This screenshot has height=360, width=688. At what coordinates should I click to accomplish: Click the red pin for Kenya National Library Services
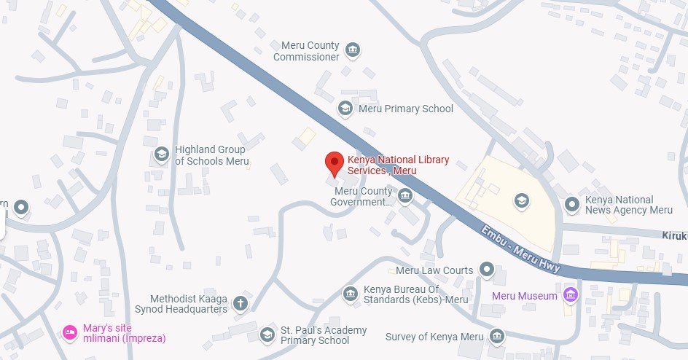click(x=334, y=163)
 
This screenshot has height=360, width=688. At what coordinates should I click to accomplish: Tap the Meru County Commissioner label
click(x=306, y=51)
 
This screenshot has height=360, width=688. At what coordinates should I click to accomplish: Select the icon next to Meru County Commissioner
click(x=353, y=50)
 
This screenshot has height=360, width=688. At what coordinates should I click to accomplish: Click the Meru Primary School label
click(x=405, y=109)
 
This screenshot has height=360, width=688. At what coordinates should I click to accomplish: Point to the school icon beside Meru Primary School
click(x=345, y=109)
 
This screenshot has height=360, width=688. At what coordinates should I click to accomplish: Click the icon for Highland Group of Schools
click(x=162, y=154)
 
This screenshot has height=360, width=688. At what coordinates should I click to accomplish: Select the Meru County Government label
click(x=363, y=197)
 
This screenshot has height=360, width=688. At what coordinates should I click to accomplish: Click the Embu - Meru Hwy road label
click(x=521, y=249)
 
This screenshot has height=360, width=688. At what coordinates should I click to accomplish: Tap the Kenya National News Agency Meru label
click(x=629, y=205)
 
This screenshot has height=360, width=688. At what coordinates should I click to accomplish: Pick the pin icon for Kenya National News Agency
click(x=572, y=204)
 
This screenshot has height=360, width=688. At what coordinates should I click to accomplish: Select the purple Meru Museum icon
click(x=571, y=295)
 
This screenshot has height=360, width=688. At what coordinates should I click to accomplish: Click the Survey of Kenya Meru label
click(x=434, y=336)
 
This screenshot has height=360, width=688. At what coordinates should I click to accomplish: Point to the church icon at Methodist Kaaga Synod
click(x=241, y=302)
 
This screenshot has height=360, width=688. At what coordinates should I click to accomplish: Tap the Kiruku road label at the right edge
click(x=675, y=236)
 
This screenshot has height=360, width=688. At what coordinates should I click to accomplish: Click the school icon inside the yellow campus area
click(x=521, y=200)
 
